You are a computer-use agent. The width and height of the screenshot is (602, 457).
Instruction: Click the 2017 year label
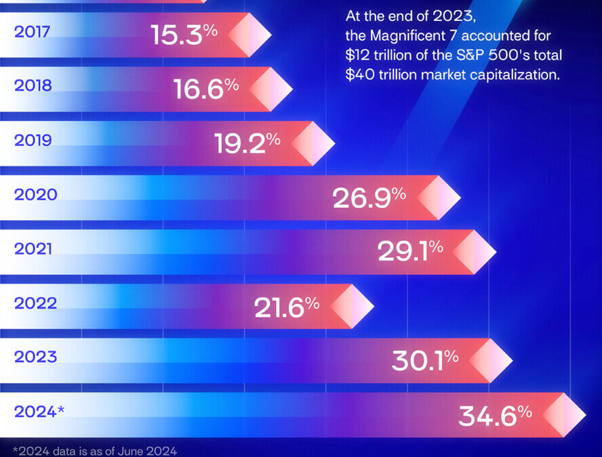(31, 32)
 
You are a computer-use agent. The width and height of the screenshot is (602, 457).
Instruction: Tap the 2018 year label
(32, 87)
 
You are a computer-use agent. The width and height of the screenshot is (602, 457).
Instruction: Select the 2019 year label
(32, 141)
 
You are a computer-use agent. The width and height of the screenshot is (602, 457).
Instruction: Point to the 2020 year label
(35, 195)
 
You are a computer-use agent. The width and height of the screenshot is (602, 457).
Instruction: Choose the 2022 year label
(35, 303)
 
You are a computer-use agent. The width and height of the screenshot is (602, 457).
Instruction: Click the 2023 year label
(35, 357)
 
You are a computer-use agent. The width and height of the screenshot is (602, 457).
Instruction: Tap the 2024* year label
(39, 412)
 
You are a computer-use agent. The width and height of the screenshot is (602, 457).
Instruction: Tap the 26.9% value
(369, 197)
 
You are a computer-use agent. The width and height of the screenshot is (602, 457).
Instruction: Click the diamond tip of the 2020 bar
(439, 197)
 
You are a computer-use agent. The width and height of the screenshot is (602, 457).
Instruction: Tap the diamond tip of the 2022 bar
(352, 305)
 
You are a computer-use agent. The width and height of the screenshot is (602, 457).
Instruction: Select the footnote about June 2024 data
(95, 450)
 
